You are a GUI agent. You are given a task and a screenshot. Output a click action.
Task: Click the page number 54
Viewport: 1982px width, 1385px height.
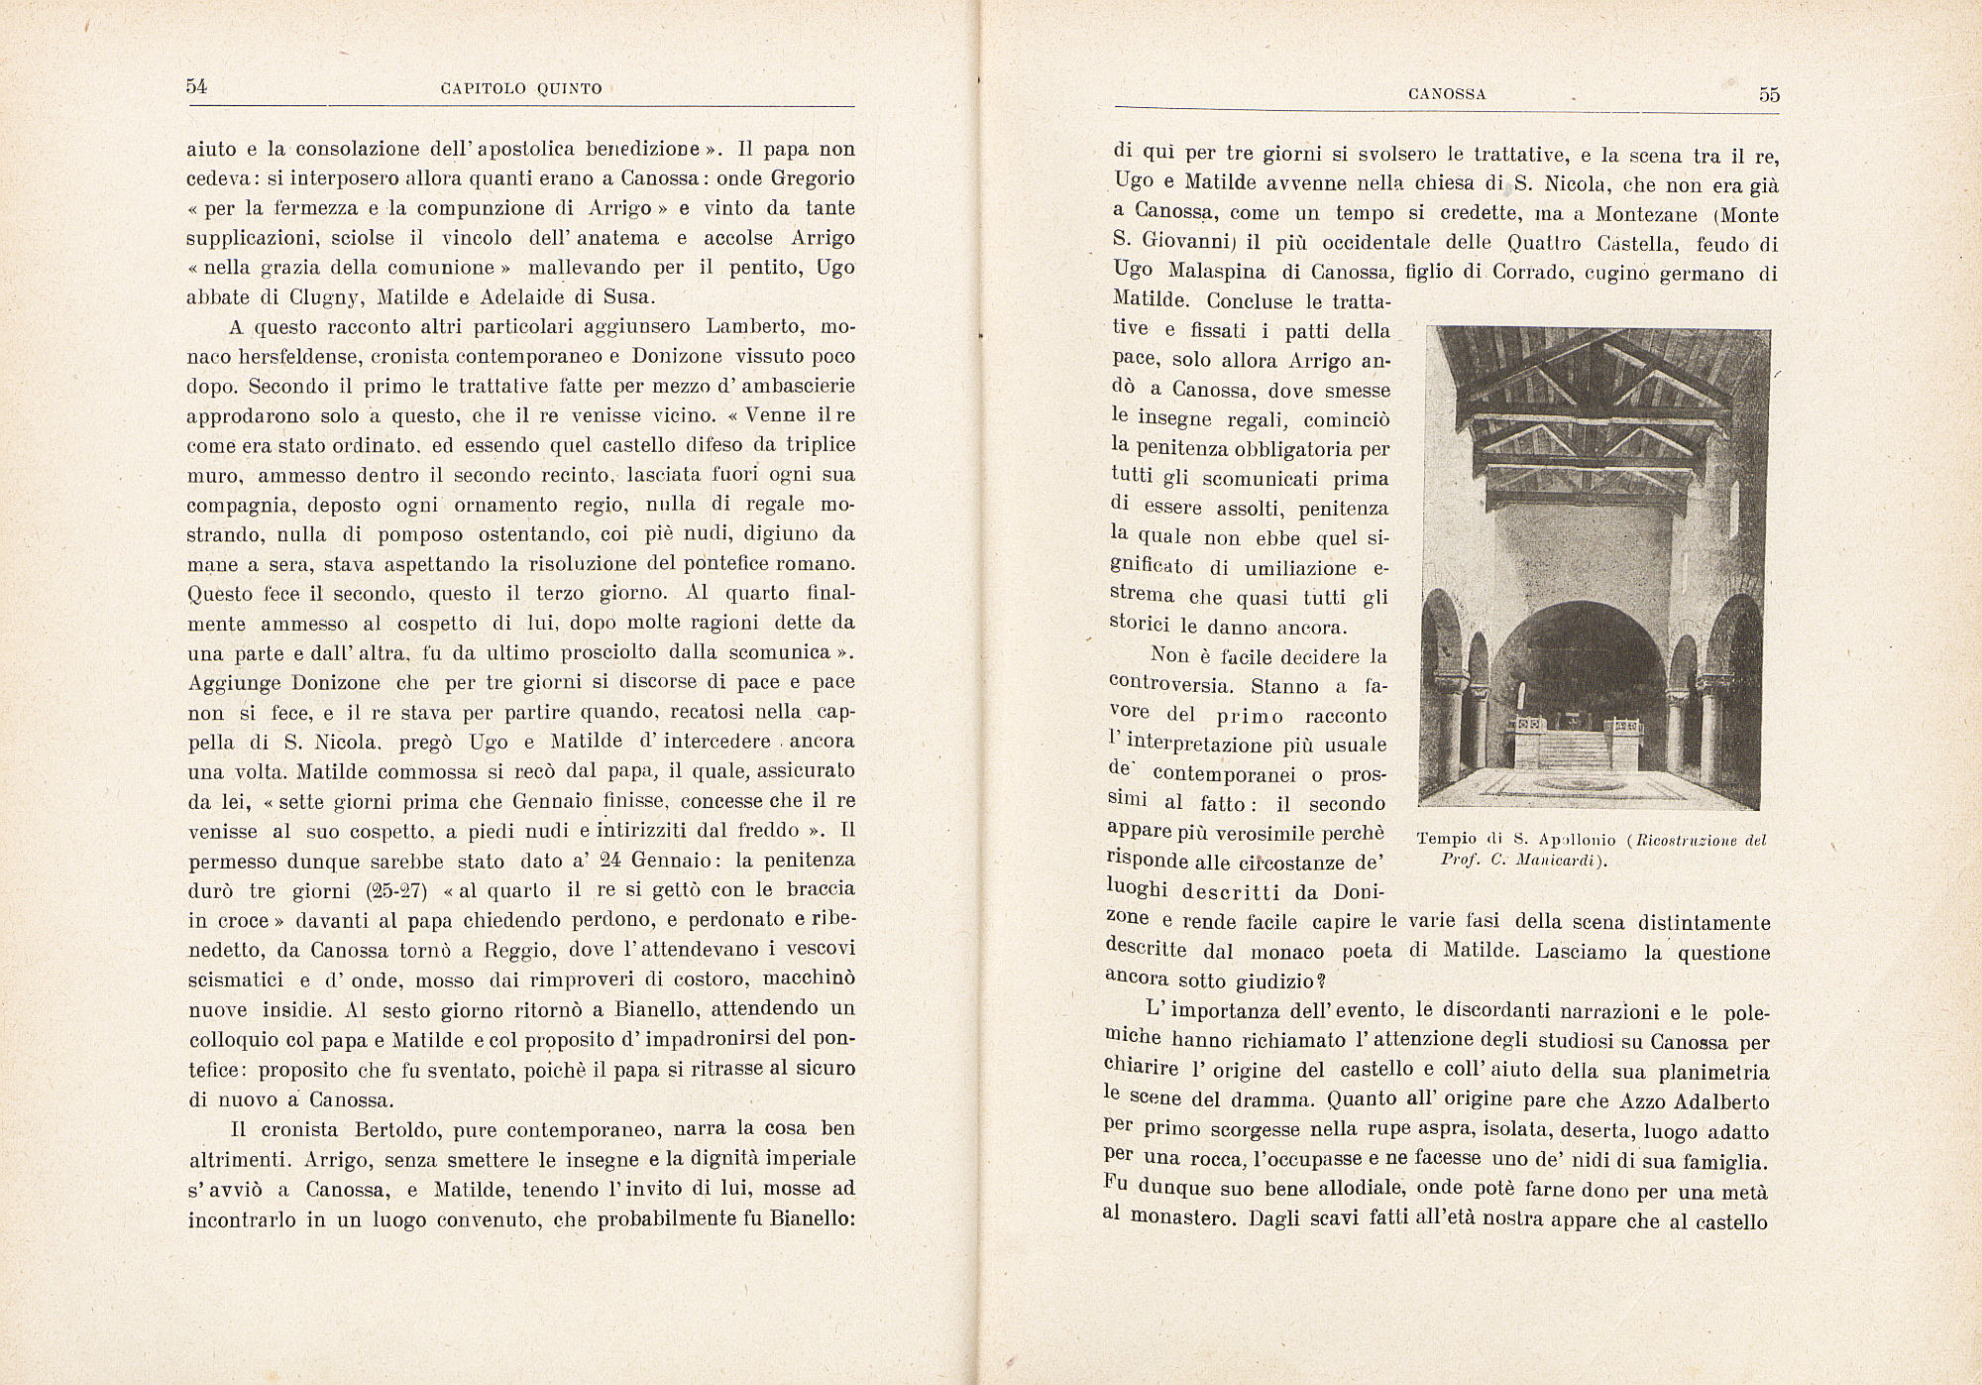196,86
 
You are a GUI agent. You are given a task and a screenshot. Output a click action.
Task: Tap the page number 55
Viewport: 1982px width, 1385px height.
1769,95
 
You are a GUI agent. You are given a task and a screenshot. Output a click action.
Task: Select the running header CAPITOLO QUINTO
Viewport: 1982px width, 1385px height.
521,89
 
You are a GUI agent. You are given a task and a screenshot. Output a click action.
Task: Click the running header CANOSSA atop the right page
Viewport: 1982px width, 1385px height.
1447,95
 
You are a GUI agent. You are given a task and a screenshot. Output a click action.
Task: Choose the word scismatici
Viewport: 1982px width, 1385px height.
236,980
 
